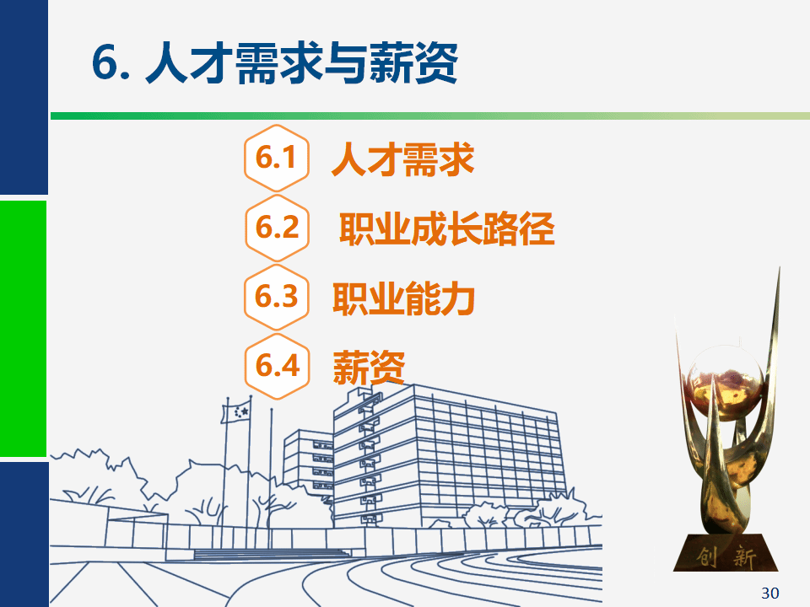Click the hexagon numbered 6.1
pyautogui.click(x=277, y=158)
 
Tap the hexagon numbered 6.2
pyautogui.click(x=277, y=228)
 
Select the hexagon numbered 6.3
pyautogui.click(x=277, y=298)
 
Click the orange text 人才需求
pyautogui.click(x=402, y=159)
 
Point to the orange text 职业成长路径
pyautogui.click(x=447, y=228)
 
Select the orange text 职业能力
pyautogui.click(x=403, y=298)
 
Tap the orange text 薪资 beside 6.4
pyautogui.click(x=369, y=368)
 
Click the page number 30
pyautogui.click(x=769, y=593)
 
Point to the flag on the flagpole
pyautogui.click(x=236, y=412)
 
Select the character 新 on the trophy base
pyautogui.click(x=744, y=557)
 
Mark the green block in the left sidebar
pyautogui.click(x=24, y=328)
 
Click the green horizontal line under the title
pyautogui.click(x=429, y=116)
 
